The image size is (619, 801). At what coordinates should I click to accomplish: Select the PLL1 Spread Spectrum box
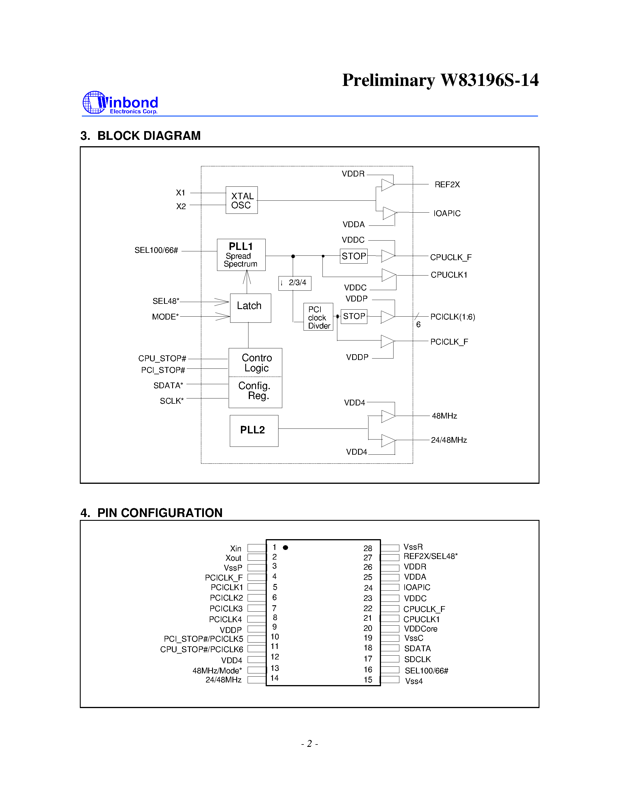(x=241, y=255)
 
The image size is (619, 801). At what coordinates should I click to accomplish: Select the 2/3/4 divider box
(x=295, y=283)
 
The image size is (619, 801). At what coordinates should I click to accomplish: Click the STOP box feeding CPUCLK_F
(x=354, y=256)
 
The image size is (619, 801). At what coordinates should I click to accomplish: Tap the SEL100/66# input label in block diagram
(x=156, y=250)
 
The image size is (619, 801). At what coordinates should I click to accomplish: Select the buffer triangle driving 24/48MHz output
(x=388, y=440)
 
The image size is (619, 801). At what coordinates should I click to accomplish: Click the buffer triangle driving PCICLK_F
(x=387, y=341)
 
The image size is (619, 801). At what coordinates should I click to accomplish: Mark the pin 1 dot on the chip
(x=285, y=548)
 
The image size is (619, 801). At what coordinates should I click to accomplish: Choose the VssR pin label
(x=413, y=547)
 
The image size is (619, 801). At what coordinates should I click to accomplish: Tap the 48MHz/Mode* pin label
(x=217, y=671)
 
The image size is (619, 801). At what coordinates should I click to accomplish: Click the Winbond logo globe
(x=94, y=102)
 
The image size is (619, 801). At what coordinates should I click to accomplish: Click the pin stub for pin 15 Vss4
(x=390, y=680)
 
